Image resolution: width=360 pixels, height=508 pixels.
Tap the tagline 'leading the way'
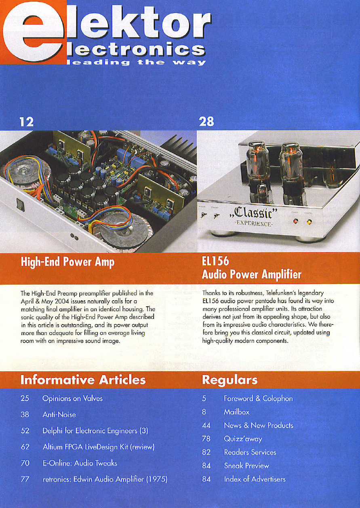point(138,62)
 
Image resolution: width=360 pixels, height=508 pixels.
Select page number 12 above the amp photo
point(27,122)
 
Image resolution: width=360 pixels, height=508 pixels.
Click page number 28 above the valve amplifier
point(206,122)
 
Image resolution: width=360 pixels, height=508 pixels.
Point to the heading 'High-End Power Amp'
point(67,262)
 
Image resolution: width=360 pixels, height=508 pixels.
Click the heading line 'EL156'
point(215,261)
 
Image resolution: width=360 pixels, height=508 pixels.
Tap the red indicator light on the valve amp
point(295,221)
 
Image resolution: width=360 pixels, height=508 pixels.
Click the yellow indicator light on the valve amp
point(309,222)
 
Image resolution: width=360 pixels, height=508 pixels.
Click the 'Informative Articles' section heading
point(83,380)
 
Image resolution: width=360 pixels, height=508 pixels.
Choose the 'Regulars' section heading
point(229,380)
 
